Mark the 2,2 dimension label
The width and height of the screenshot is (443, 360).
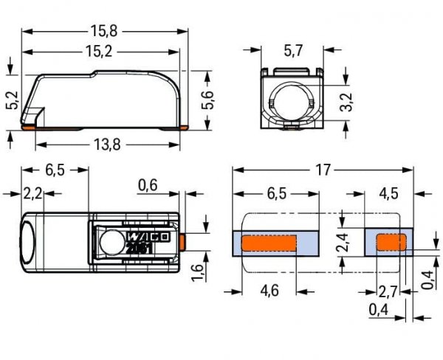coord(32,194)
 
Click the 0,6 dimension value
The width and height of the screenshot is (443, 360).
coord(147,186)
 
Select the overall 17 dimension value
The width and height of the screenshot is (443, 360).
coord(322,170)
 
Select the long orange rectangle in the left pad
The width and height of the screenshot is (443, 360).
coord(269,243)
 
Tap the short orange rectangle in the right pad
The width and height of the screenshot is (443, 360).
coord(391,242)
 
